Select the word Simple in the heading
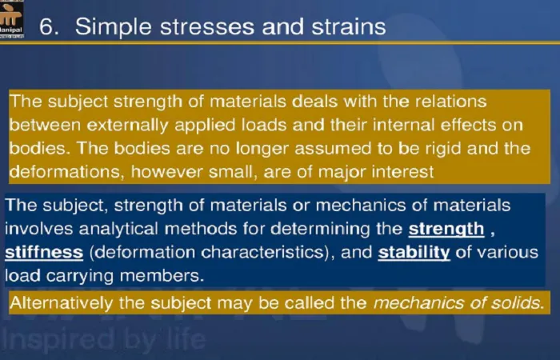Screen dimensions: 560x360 [114, 27]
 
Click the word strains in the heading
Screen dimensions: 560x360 [349, 26]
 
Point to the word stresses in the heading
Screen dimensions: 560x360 [207, 27]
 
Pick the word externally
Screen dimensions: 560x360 [127, 126]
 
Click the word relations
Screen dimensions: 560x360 [450, 102]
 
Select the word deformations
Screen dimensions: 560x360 [66, 172]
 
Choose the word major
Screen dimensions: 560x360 [341, 173]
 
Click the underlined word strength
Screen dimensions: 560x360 [446, 230]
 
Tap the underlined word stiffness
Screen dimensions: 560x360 [44, 253]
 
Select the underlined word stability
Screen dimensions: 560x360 [414, 253]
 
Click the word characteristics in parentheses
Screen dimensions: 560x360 [262, 253]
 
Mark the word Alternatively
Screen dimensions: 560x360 [61, 303]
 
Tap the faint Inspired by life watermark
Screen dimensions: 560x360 [103, 339]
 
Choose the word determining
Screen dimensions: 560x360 [320, 230]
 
